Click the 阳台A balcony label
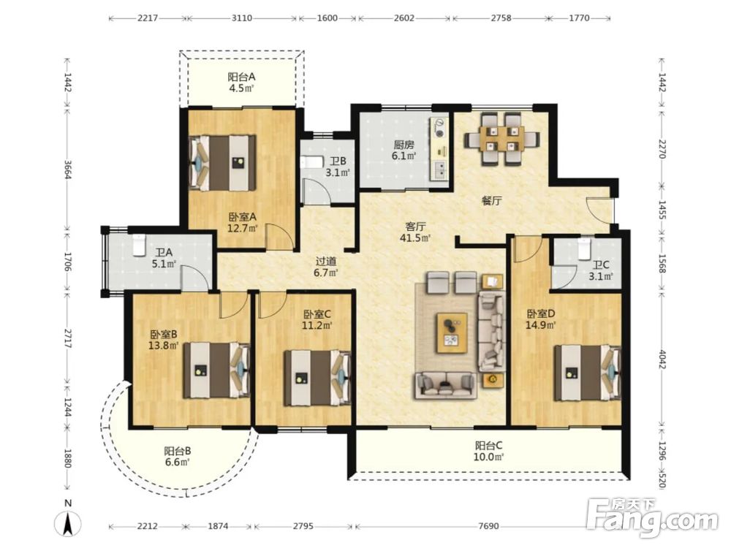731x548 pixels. click(x=241, y=77)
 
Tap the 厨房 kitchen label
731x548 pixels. click(x=404, y=145)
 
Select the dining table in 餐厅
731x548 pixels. click(x=501, y=139)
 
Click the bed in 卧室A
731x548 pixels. click(x=222, y=163)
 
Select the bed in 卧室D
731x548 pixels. click(x=588, y=373)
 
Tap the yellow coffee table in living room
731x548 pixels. click(x=452, y=333)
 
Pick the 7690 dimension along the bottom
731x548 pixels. click(x=488, y=526)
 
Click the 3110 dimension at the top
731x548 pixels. click(x=241, y=18)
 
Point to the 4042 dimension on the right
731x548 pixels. click(x=662, y=359)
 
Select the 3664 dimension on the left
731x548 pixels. click(x=68, y=170)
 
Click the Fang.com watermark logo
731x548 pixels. click(x=652, y=517)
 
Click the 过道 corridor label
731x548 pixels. click(x=326, y=262)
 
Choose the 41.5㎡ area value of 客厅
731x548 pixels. click(x=414, y=237)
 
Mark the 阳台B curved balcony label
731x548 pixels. click(x=177, y=451)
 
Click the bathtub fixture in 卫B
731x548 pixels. click(x=312, y=162)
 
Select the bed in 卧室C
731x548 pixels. click(x=317, y=378)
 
